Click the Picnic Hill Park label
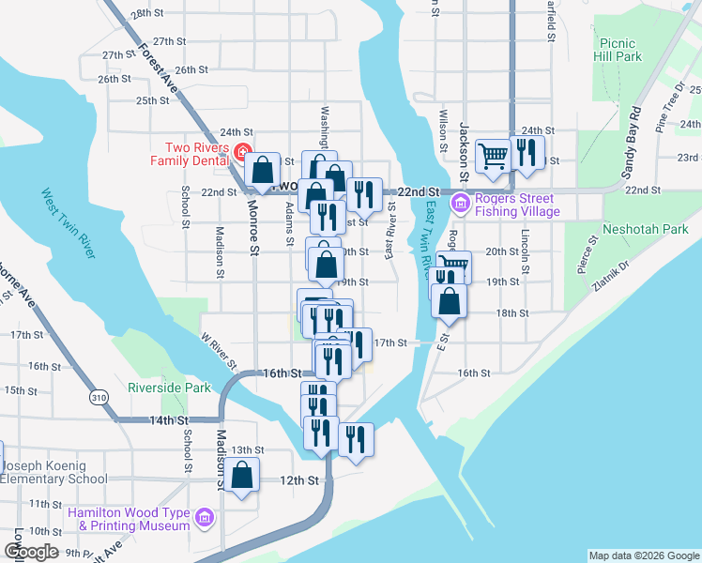pyautogui.click(x=617, y=50)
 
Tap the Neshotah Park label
pyautogui.click(x=648, y=229)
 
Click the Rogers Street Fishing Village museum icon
pyautogui.click(x=460, y=204)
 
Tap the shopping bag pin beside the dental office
pyautogui.click(x=263, y=170)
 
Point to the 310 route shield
pyautogui.click(x=98, y=398)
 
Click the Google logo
pyautogui.click(x=31, y=553)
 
